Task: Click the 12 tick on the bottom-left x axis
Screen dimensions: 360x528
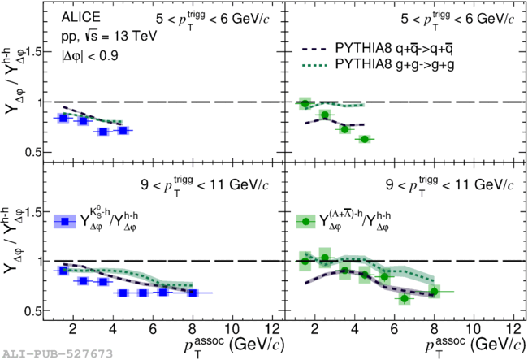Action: [272, 329]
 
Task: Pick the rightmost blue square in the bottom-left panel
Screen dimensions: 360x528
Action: [193, 293]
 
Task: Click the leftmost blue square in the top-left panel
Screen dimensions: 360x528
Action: [63, 118]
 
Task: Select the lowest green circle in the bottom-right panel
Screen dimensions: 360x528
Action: [405, 299]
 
